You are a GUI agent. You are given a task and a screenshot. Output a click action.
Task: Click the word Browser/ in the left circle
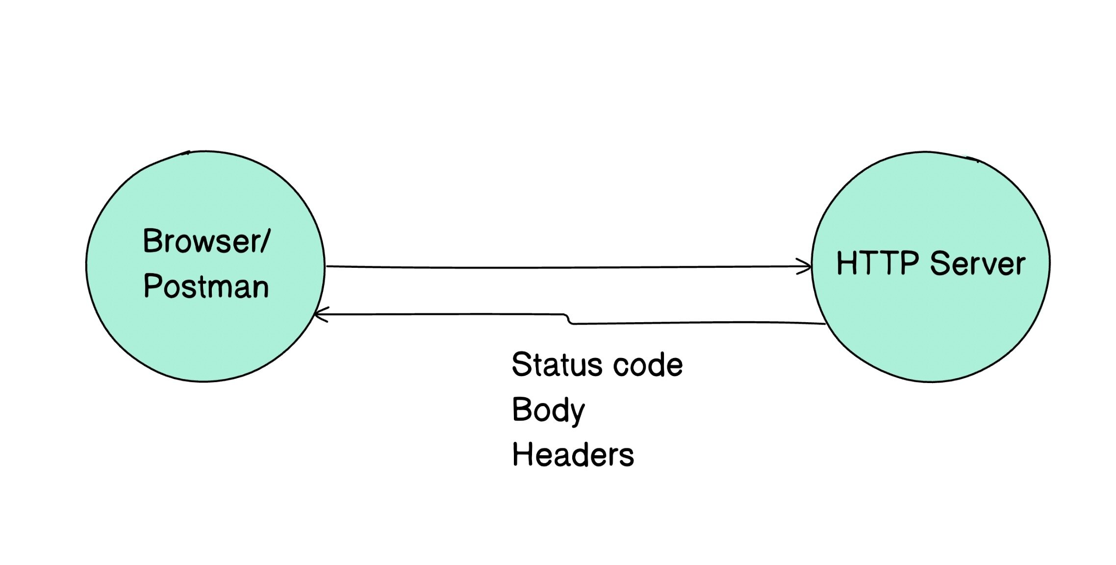(206, 241)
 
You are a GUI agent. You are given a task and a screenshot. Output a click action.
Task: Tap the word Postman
(206, 286)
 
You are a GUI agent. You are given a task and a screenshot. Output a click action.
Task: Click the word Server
(977, 264)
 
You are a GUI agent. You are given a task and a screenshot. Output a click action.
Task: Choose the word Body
(548, 411)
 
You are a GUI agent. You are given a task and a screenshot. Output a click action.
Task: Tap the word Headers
(573, 455)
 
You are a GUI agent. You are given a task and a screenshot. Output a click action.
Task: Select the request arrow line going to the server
(564, 267)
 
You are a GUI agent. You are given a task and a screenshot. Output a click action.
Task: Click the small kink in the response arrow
(569, 319)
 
